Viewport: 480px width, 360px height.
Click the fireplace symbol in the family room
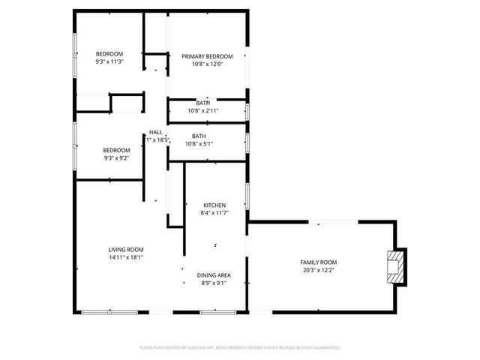(394, 267)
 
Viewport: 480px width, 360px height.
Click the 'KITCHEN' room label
(215, 205)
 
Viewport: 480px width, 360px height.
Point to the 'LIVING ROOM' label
(126, 250)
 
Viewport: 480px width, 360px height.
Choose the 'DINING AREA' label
(214, 275)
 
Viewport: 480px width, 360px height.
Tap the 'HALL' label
(156, 132)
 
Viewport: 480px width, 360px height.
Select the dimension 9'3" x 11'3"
(109, 61)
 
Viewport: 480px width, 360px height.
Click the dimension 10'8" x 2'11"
(202, 110)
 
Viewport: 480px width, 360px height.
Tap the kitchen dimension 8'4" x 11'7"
(215, 213)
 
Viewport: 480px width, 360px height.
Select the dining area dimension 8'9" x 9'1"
(214, 283)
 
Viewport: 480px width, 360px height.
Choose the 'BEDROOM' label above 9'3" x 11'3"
(109, 54)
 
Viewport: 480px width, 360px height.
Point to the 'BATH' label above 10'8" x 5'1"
(199, 136)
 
